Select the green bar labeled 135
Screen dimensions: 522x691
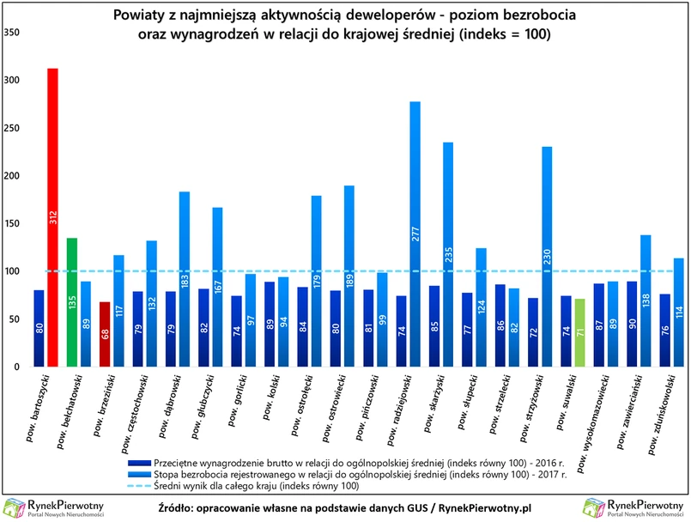click(72, 301)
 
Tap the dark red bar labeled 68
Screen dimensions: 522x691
click(105, 334)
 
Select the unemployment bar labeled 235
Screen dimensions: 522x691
click(447, 254)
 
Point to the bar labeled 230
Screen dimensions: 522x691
click(547, 256)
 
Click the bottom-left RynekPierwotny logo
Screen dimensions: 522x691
click(53, 507)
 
